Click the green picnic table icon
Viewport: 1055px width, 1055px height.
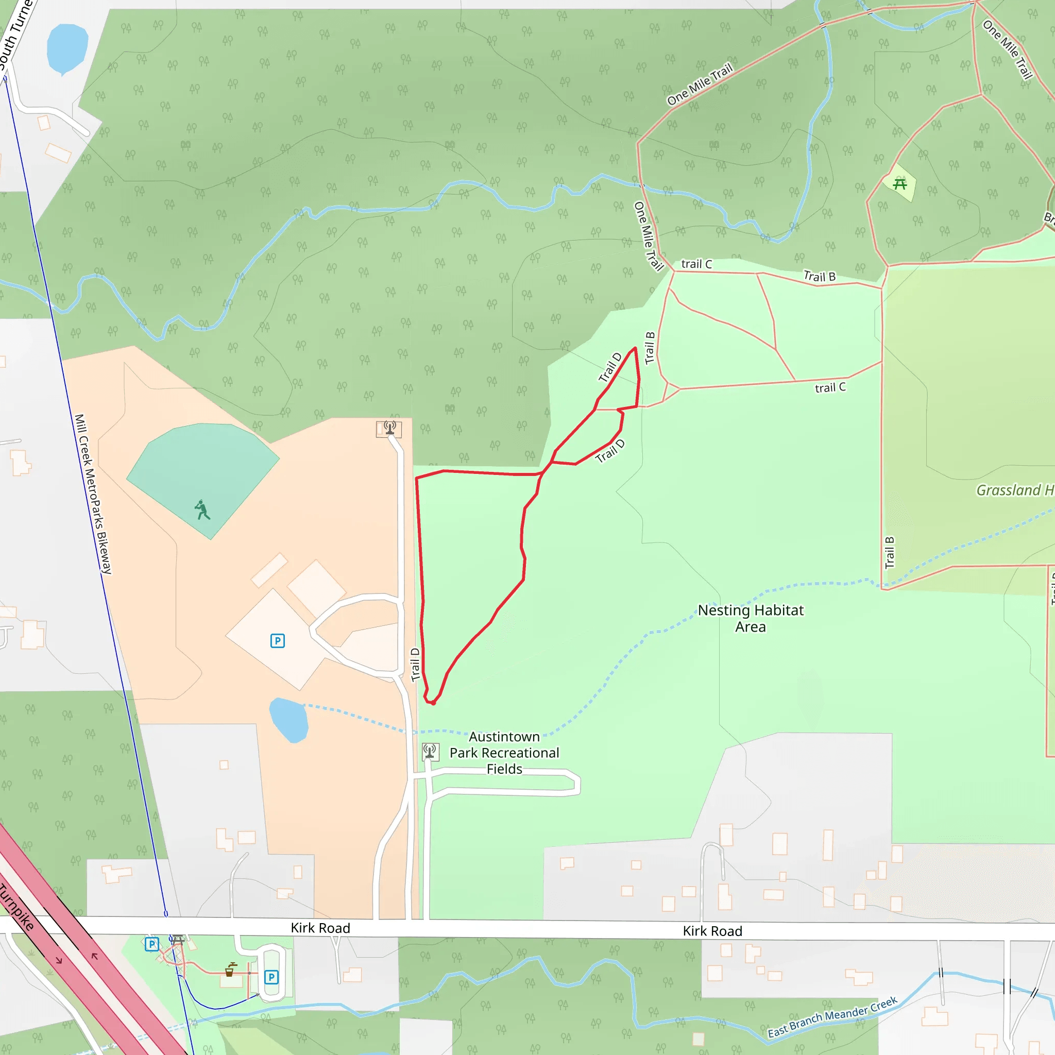coord(899,184)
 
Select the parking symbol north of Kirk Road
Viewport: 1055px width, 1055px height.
coord(278,640)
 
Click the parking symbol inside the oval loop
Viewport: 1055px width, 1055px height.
coord(271,977)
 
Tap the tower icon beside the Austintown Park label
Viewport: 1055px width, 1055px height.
coord(430,752)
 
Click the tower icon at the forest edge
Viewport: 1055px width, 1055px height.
coord(389,428)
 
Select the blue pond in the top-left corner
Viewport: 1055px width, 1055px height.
coord(67,48)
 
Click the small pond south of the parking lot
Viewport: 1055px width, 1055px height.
coord(289,720)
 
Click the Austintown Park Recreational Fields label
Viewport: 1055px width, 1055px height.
coord(504,753)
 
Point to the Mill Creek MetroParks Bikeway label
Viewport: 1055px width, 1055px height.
coord(93,494)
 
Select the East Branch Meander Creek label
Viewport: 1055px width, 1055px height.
coord(832,1017)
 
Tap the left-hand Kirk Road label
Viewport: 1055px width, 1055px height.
coord(320,928)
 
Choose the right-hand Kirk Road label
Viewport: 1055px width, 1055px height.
coord(712,931)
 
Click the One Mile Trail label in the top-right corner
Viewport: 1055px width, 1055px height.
coord(1008,49)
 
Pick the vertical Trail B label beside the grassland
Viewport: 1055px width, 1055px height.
coord(890,553)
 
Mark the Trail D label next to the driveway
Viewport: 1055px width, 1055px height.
coord(415,665)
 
